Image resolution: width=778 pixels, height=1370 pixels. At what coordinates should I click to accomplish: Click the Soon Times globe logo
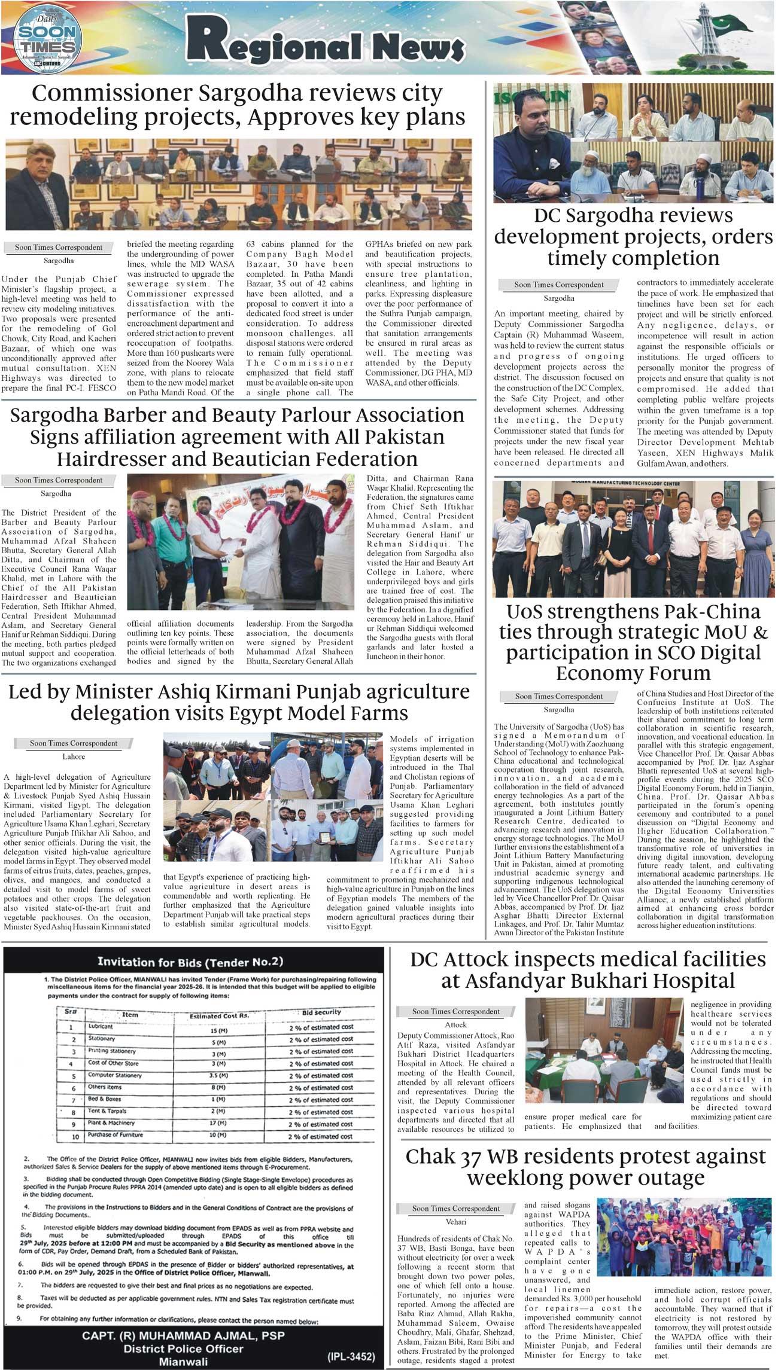(x=46, y=38)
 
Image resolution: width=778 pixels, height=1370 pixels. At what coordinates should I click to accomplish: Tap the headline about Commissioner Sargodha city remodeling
(x=238, y=105)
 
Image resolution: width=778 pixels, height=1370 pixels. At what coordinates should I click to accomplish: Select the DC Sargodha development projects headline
(x=633, y=237)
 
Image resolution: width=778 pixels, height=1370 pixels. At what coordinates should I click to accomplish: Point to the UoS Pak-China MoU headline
(x=633, y=642)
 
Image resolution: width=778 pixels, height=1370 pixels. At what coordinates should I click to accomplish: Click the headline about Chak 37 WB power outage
(x=585, y=1167)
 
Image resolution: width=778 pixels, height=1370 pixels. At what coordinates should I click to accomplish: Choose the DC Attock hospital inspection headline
(x=588, y=969)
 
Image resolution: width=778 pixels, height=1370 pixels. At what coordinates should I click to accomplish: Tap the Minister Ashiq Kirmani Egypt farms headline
(x=239, y=702)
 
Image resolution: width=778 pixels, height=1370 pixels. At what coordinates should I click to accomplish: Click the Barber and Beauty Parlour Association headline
(x=237, y=437)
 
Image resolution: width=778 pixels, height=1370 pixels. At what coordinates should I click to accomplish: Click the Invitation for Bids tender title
(x=190, y=962)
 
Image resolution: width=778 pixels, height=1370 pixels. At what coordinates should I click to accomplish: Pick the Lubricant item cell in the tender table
(x=101, y=1026)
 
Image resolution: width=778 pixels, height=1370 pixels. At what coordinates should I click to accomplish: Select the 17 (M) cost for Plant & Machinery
(x=218, y=1123)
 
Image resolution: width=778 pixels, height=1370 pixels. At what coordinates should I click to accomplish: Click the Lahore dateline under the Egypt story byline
(x=74, y=756)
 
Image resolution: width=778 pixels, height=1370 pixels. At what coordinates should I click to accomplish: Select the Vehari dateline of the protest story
(x=456, y=1222)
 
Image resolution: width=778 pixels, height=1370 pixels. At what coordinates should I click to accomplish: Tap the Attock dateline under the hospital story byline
(x=456, y=1024)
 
